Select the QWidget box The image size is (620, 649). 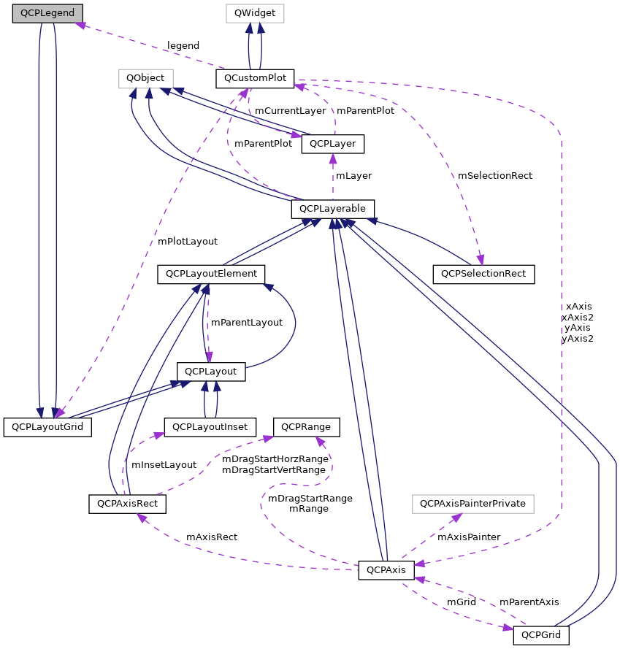coord(254,14)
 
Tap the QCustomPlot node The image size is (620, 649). coord(255,77)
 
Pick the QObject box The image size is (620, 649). coord(146,77)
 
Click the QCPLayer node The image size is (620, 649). coord(332,144)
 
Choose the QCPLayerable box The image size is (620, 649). coord(333,209)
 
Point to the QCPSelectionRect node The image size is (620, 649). coord(483,274)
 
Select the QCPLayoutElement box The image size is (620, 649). coord(211,274)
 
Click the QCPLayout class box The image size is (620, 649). coord(211,371)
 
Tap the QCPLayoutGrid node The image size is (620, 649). coord(47,426)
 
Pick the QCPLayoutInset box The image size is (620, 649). coord(210,426)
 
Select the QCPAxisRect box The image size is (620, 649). coord(128,504)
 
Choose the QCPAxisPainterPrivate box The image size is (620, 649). coord(473,504)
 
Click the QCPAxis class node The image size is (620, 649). coord(386,569)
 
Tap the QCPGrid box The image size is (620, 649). coord(541,635)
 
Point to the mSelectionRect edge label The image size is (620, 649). coord(495,176)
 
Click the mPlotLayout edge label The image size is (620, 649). coord(188,241)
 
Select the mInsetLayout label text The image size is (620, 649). coord(164,464)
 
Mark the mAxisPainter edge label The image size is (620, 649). coord(469,537)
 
